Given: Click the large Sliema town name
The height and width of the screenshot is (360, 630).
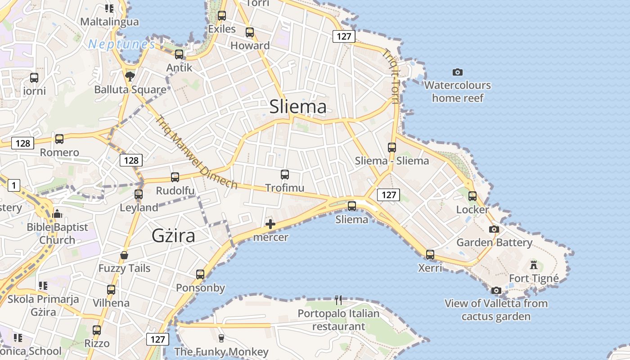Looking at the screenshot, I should [298, 107].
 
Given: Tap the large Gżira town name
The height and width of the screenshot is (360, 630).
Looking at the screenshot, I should [173, 236].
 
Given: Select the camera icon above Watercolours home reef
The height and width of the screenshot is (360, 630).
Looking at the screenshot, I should [458, 72].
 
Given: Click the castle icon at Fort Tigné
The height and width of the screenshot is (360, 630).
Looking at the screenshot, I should [534, 265].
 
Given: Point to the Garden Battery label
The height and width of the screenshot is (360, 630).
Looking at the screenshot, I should [494, 243].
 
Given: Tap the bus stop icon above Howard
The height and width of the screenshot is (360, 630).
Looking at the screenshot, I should [250, 32].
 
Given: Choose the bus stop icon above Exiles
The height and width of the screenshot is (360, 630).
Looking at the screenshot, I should [221, 16].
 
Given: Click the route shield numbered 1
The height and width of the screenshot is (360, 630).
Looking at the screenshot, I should [14, 185].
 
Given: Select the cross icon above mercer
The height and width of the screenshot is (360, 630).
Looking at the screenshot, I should [270, 224].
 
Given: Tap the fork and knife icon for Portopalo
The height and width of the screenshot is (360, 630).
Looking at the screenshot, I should [339, 300].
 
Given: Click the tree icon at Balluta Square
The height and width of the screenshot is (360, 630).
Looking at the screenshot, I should [130, 76].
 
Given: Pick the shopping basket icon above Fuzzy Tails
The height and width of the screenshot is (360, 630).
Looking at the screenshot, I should [124, 256].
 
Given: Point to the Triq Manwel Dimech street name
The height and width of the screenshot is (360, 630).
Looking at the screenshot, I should [196, 152].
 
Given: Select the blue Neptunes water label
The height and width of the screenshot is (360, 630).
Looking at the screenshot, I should [122, 44].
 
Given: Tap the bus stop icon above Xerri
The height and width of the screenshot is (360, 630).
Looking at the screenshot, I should [430, 255].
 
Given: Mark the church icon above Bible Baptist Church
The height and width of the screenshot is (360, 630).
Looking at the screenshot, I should [57, 214].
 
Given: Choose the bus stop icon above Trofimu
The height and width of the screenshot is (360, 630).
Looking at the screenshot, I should [284, 175].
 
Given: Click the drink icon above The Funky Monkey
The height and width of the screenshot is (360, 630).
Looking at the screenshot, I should [221, 338].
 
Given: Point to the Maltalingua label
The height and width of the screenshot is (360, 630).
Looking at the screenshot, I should [109, 22].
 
